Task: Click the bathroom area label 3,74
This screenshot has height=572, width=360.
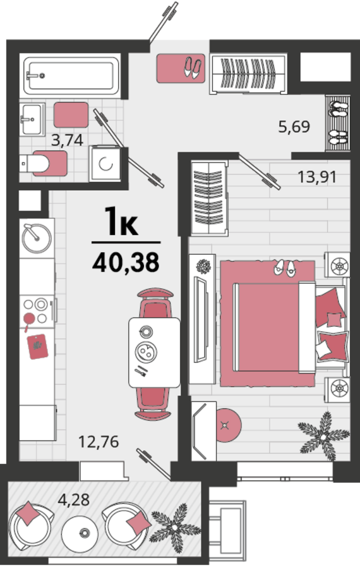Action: pos(67,140)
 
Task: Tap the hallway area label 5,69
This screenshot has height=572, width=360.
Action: pos(294,126)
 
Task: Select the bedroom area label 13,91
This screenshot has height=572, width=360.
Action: pos(317,177)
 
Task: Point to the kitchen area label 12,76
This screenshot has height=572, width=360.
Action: pos(99,442)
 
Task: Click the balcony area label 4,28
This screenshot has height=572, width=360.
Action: pos(74,499)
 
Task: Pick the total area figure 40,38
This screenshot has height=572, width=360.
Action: pos(126,262)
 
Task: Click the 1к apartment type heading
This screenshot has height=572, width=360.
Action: pos(121,221)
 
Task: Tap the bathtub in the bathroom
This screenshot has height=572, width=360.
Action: pos(71,75)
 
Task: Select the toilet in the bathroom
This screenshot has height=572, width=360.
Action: pos(43,163)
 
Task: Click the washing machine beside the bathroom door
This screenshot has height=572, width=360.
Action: pos(105,164)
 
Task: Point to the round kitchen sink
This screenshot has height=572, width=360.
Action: pos(37,238)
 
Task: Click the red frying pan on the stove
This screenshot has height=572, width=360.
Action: pos(28,320)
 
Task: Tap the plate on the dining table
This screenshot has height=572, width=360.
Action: pos(146,351)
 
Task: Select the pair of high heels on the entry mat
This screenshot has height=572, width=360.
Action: pos(192,68)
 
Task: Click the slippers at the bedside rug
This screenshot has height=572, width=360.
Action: pos(285,268)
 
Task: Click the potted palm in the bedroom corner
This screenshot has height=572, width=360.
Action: pos(323,435)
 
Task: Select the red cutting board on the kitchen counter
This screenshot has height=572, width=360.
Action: pos(37,346)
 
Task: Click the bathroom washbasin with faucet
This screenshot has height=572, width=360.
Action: pos(32,119)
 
